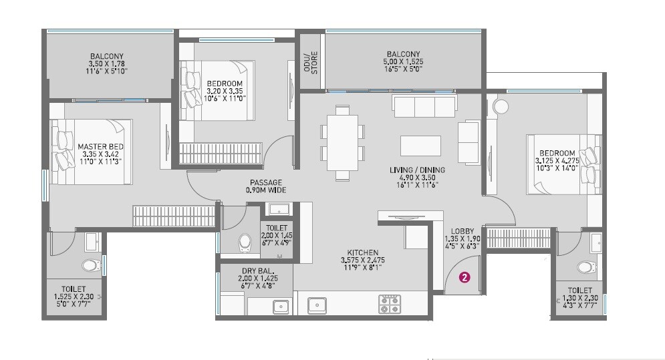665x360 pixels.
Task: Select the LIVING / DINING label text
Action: [x=417, y=170]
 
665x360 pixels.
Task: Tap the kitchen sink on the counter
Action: [x=317, y=305]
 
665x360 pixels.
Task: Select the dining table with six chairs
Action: [x=342, y=142]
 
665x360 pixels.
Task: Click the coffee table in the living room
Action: [x=420, y=146]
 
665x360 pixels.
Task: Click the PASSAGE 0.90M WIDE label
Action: [x=266, y=186]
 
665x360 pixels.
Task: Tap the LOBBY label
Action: [x=462, y=230]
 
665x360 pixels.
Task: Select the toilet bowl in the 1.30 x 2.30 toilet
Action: [x=586, y=267]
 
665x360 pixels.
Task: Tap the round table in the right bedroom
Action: [x=501, y=106]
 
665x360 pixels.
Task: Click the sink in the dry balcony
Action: [x=279, y=307]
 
